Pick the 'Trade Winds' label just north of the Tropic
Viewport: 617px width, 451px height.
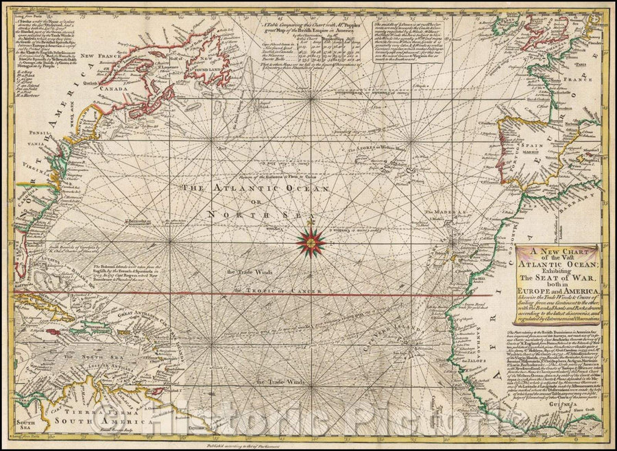tap(251, 270)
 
